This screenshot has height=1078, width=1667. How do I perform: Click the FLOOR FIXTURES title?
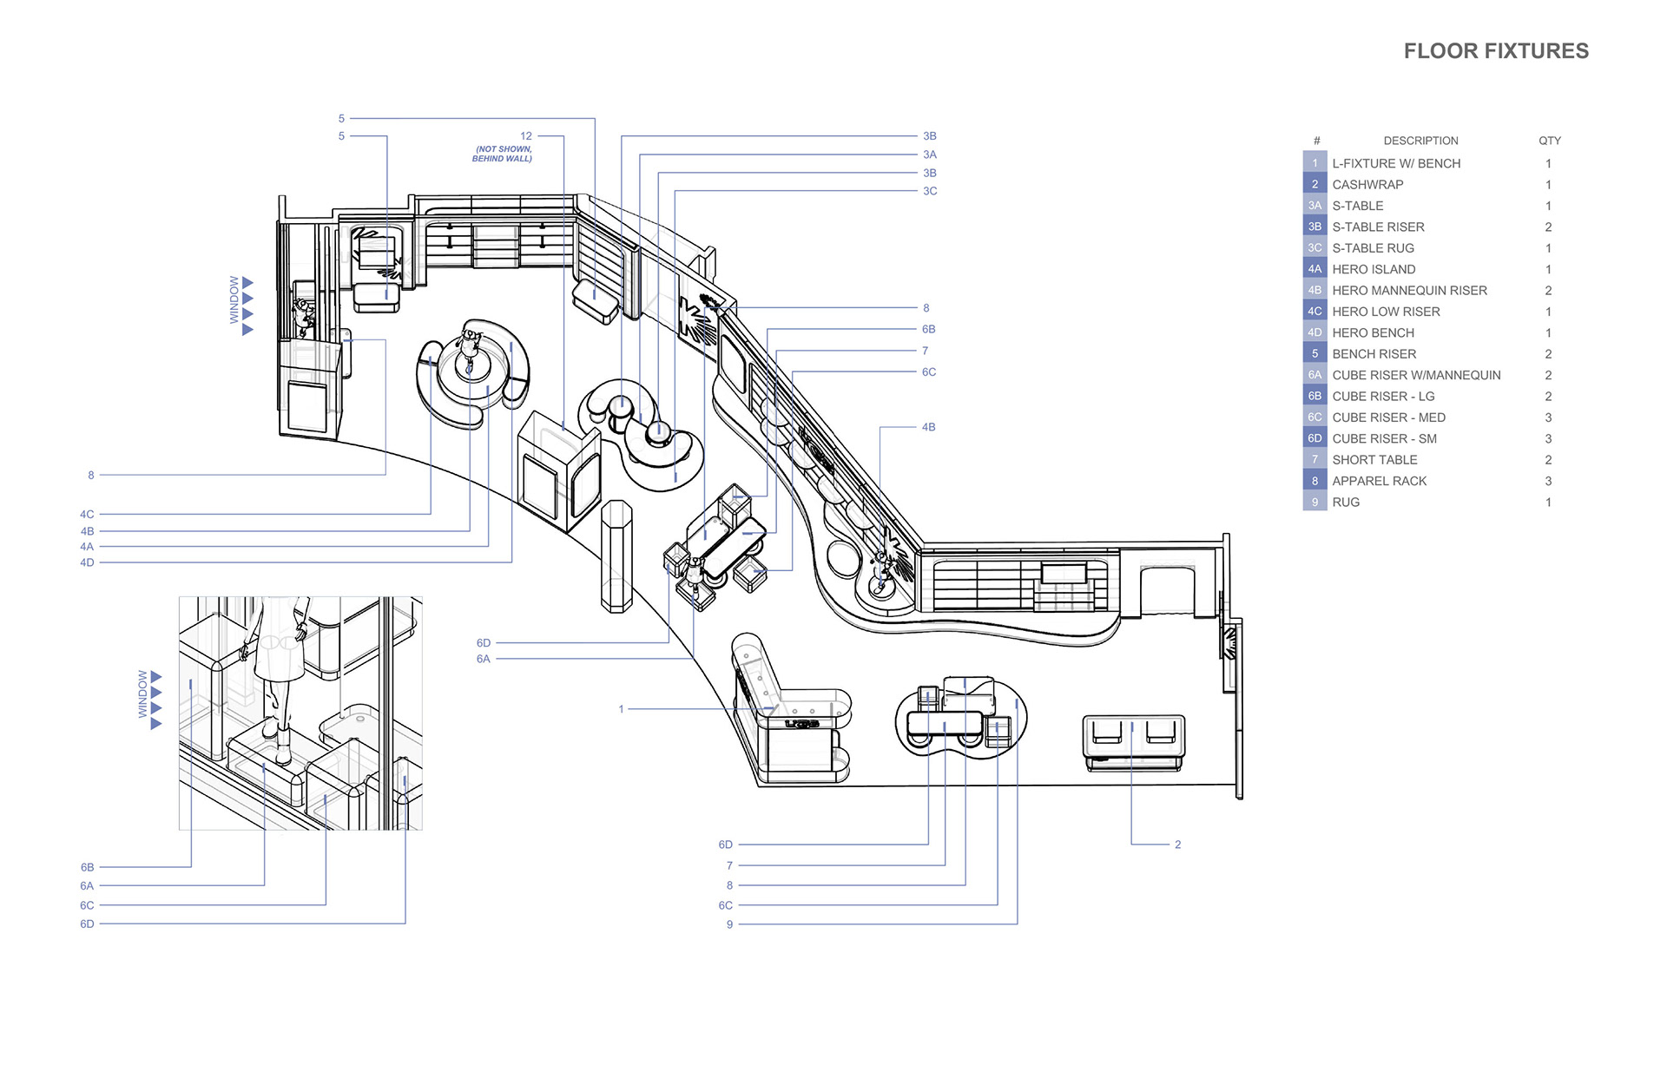(x=1496, y=51)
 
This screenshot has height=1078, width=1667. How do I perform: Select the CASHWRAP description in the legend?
(x=1367, y=185)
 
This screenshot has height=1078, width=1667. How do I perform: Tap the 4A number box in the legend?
(x=1314, y=269)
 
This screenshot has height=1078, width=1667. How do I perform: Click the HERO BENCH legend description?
(x=1373, y=333)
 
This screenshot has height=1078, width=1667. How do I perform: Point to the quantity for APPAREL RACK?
(x=1548, y=481)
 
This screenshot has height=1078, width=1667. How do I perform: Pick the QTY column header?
(x=1549, y=141)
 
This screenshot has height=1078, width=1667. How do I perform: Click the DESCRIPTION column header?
(x=1420, y=141)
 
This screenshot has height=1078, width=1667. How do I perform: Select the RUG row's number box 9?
(x=1314, y=503)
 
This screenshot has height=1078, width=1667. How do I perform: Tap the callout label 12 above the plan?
(x=526, y=136)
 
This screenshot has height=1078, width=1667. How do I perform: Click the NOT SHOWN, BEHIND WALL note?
(x=503, y=154)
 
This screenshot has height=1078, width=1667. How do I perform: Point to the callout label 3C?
(x=930, y=191)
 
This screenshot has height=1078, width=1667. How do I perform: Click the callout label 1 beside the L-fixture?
(x=622, y=709)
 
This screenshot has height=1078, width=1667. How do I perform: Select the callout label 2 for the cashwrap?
(x=1177, y=845)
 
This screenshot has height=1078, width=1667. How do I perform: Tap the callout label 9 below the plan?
(x=729, y=924)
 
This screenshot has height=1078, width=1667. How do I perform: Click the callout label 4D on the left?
(x=87, y=562)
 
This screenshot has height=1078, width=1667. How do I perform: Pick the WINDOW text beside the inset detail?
(x=143, y=693)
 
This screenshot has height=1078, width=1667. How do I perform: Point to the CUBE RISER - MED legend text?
(x=1388, y=417)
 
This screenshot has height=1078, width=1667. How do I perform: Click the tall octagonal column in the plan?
(x=616, y=555)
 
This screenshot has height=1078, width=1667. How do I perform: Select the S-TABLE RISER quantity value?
(x=1548, y=227)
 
